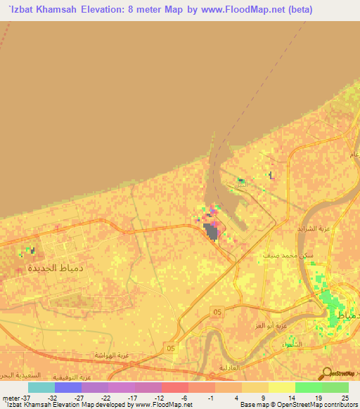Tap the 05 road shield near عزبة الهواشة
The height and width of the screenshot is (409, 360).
pos(169,346)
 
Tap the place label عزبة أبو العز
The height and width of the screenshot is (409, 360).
pos(272,327)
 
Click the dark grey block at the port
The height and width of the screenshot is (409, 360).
pos(211,231)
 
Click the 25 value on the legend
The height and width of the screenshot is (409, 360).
pos(345,398)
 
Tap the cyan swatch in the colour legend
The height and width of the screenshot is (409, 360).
pos(41,387)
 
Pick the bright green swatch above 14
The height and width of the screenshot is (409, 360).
pos(308,387)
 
